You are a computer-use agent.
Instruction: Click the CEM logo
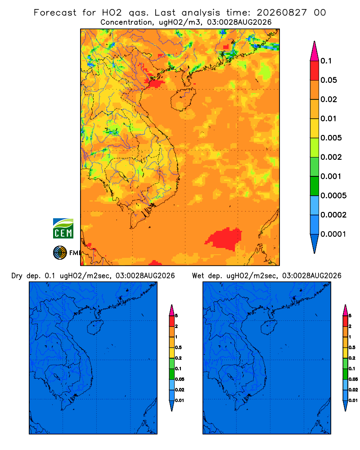[63, 228]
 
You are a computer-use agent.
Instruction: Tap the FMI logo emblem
[60, 252]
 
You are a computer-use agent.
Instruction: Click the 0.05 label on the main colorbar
[328, 80]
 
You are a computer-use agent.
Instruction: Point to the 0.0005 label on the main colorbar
[333, 195]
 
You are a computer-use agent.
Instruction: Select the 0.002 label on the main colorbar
[331, 157]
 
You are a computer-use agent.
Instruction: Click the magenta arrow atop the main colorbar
[315, 51]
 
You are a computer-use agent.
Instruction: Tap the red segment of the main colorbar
[315, 71]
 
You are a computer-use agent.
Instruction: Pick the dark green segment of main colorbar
[315, 186]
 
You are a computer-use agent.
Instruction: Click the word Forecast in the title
[55, 13]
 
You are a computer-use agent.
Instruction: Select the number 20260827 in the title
[282, 13]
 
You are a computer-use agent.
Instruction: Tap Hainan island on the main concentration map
[183, 99]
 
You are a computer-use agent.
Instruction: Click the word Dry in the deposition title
[17, 276]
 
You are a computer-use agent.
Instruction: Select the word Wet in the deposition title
[198, 276]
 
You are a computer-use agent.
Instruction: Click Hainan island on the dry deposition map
[95, 328]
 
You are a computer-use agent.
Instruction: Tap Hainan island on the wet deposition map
[269, 328]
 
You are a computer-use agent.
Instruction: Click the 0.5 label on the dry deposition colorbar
[178, 347]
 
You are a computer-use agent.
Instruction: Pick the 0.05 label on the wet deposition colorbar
[353, 379]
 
